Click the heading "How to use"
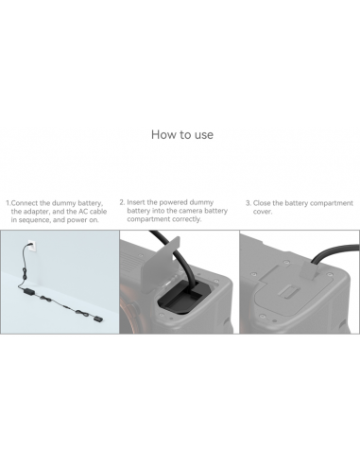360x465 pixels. click(181, 134)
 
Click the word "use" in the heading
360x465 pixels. click(201, 134)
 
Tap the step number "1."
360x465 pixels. click(8, 202)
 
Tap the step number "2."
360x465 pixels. click(122, 201)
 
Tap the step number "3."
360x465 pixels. click(248, 202)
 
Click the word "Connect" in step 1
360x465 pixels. click(27, 202)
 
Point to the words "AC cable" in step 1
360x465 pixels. click(92, 211)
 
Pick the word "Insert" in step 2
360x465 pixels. click(137, 201)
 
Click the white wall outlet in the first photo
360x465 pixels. click(29, 250)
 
